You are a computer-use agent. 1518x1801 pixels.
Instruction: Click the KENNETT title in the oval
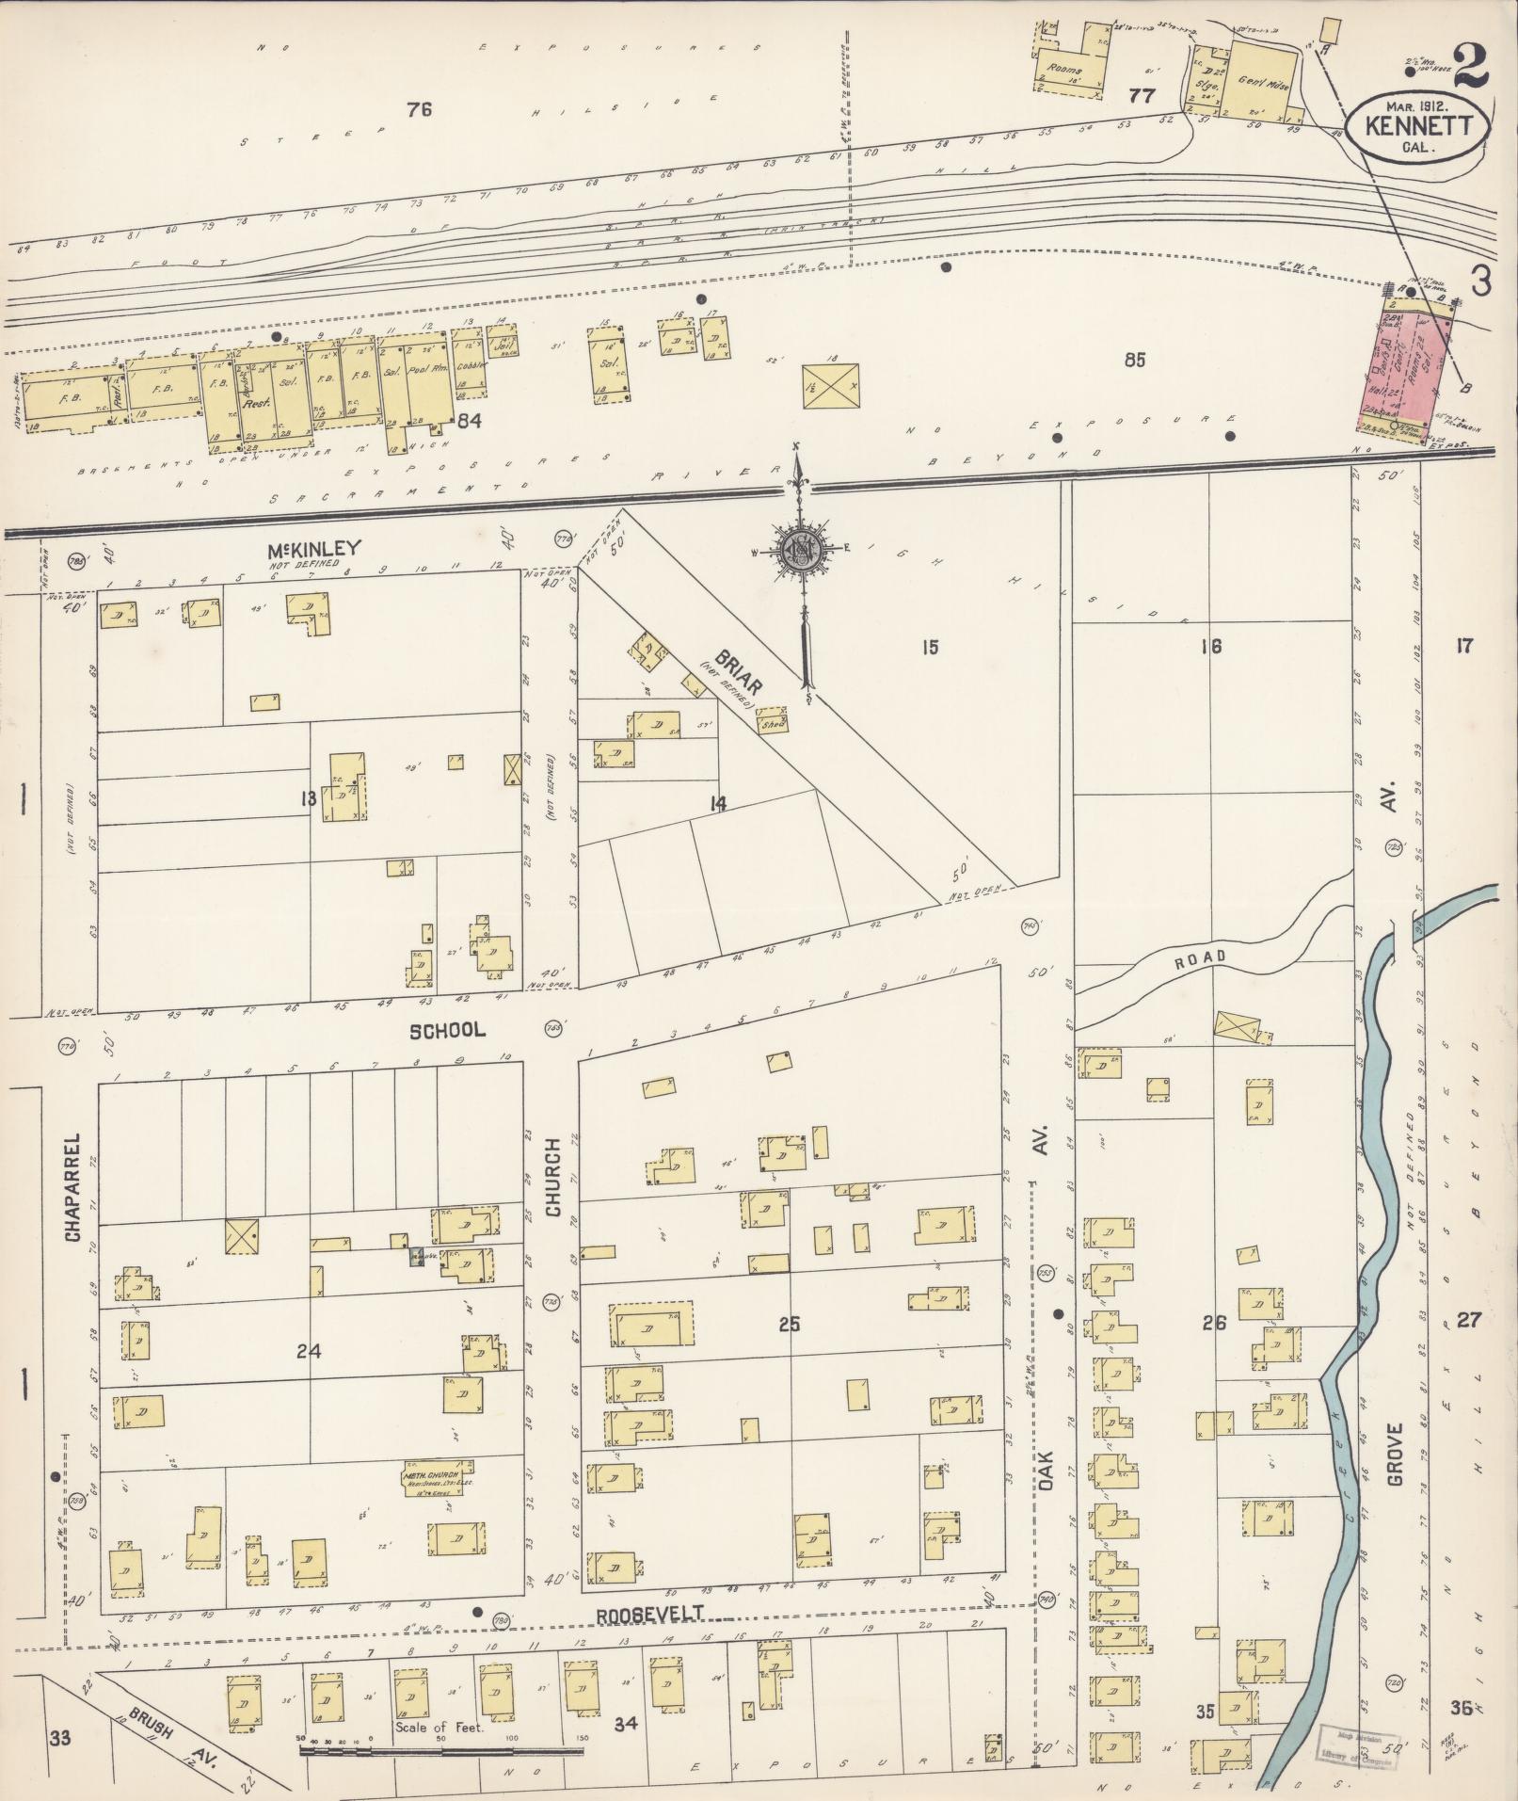(1416, 125)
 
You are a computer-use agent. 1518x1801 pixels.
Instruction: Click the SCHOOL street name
(447, 1030)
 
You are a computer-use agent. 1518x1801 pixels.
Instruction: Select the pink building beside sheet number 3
(1410, 362)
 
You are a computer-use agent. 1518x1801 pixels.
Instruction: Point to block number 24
(309, 1351)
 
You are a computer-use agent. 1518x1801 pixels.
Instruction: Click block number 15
(930, 647)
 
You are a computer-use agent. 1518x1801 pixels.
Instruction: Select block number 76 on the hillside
(419, 110)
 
